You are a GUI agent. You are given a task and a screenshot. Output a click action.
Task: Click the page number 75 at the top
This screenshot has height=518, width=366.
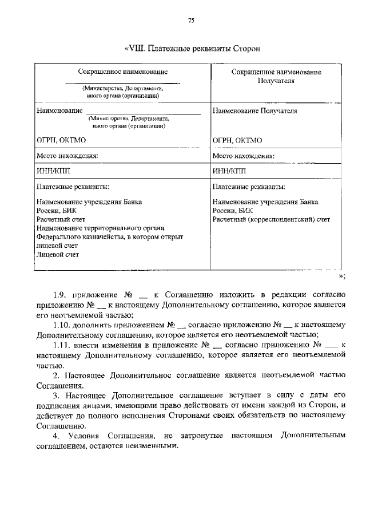tap(192, 21)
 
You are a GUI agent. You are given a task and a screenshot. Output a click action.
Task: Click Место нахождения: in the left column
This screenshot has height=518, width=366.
tap(67, 155)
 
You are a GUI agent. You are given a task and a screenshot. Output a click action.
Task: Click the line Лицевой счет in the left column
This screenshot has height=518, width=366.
tap(58, 254)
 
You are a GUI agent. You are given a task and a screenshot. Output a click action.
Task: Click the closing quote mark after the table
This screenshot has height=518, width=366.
tap(341, 276)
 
